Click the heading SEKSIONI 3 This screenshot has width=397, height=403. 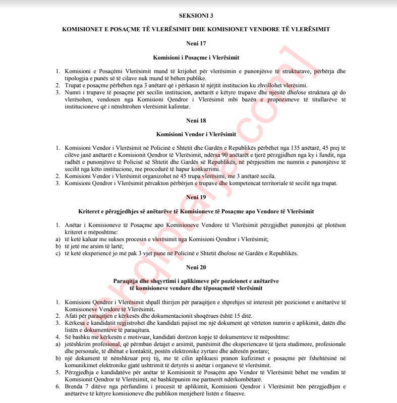[196, 16]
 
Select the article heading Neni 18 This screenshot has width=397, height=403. [196, 121]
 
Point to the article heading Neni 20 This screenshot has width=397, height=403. [196, 266]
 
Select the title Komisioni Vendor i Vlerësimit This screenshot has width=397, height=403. [196, 134]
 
